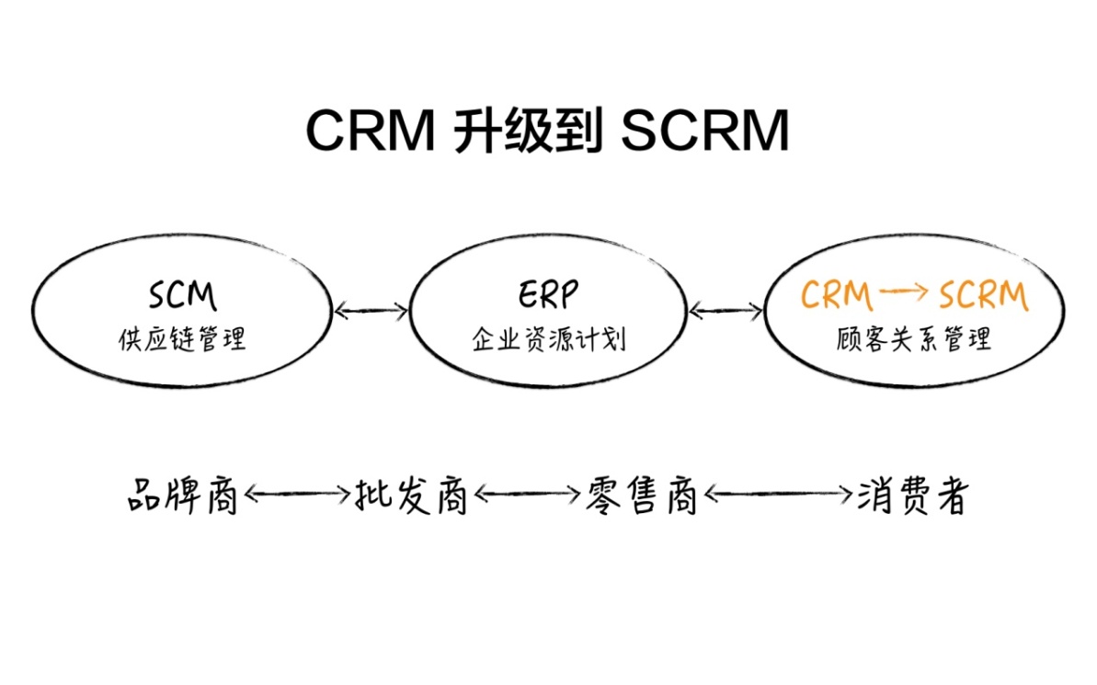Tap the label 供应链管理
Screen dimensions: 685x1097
pos(182,339)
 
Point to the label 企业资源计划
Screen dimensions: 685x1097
pos(548,339)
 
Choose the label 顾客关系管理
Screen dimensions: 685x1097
pos(915,339)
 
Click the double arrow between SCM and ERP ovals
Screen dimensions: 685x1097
pos(371,311)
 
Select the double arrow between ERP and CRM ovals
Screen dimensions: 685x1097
pos(726,312)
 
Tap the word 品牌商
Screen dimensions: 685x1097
pos(183,497)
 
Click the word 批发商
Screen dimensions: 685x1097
pos(411,497)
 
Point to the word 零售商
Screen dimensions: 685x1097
pos(641,497)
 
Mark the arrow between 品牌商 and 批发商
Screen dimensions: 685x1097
pos(297,495)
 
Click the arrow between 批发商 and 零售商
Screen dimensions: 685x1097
pos(527,495)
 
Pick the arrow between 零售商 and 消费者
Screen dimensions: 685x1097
pos(778,495)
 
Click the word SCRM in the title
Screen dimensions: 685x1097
pos(705,131)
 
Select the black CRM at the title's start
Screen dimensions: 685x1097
pos(371,131)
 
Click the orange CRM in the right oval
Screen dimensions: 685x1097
pos(836,295)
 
